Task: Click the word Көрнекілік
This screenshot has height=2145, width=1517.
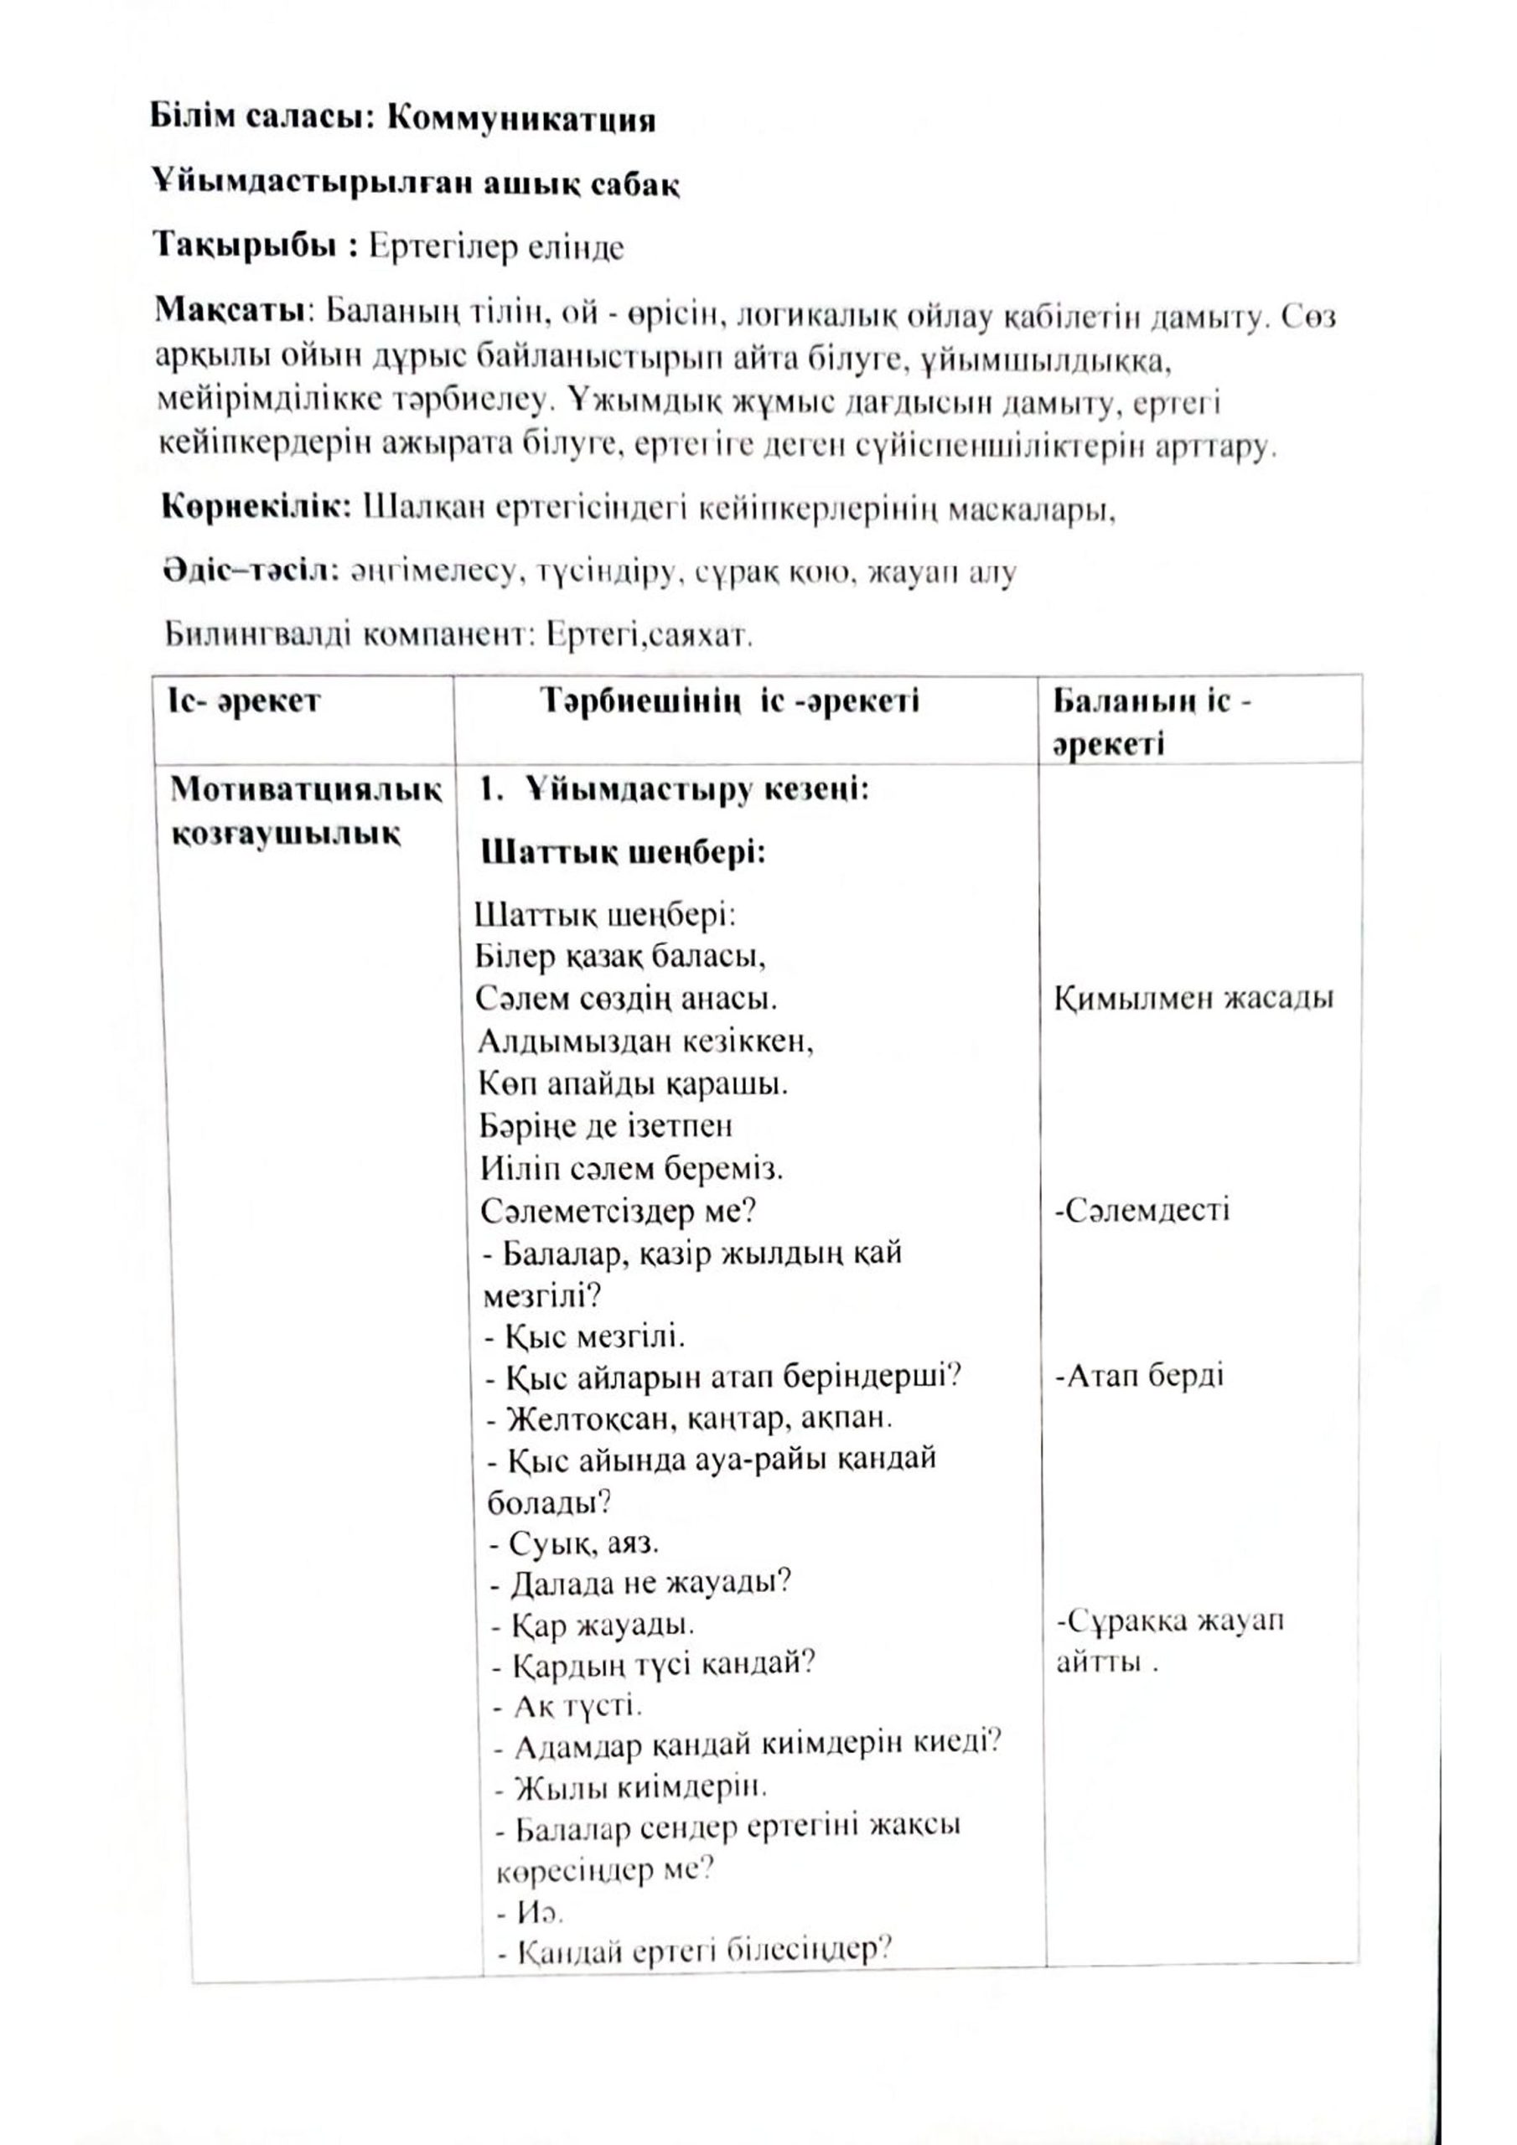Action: [257, 509]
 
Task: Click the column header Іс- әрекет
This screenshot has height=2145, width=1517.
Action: [245, 700]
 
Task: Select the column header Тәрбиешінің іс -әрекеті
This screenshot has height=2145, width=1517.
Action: [729, 700]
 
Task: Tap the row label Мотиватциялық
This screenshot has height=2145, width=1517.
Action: [307, 790]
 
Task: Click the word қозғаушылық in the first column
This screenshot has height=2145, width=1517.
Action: [286, 832]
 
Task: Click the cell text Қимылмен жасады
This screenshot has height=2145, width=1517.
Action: [1193, 999]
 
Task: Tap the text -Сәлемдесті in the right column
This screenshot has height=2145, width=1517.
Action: [1142, 1211]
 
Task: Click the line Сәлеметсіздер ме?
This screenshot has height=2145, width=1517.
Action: [619, 1211]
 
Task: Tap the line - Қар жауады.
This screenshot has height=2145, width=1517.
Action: [593, 1625]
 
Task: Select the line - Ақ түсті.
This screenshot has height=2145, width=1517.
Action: [566, 1707]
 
